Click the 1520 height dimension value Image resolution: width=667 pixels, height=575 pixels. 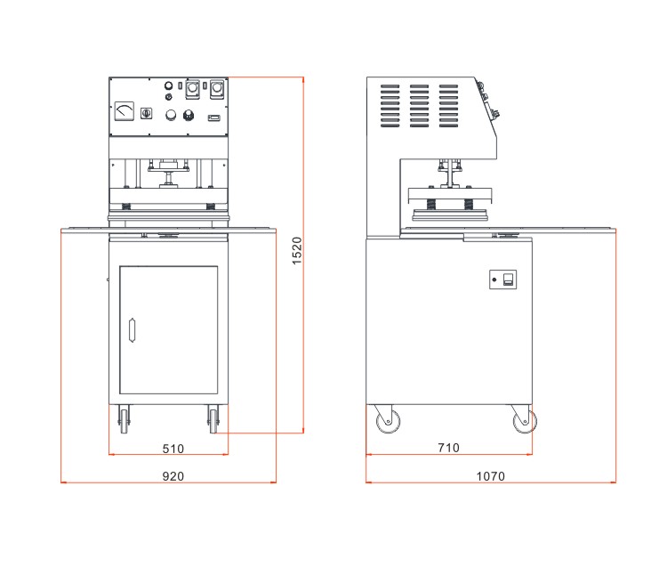(x=297, y=251)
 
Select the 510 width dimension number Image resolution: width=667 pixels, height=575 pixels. (x=173, y=448)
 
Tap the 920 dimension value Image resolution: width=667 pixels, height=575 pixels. (x=173, y=476)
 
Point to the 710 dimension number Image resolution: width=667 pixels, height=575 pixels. (x=448, y=448)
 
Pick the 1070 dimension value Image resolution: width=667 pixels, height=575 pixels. (x=489, y=476)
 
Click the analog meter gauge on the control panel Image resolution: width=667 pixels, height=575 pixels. (x=124, y=110)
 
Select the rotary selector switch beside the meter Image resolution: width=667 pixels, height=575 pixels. (x=147, y=113)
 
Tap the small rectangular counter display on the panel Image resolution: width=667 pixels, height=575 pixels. (x=213, y=117)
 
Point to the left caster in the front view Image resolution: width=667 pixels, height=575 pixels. (x=122, y=417)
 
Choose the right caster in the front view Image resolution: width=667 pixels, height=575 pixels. (x=213, y=417)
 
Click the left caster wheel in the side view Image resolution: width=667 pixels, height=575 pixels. (x=387, y=422)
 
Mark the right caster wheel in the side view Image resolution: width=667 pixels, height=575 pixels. (x=524, y=422)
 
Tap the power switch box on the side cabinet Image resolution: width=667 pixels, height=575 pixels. (x=508, y=280)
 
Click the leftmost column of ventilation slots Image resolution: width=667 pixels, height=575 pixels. (x=391, y=105)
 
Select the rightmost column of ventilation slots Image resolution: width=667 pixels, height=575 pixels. (x=448, y=105)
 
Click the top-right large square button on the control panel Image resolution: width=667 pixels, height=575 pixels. (x=215, y=89)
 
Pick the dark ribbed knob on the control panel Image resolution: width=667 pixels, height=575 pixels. (x=189, y=115)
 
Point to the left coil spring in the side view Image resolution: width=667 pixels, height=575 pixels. (x=430, y=205)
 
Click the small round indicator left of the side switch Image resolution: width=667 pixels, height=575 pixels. (x=494, y=280)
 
